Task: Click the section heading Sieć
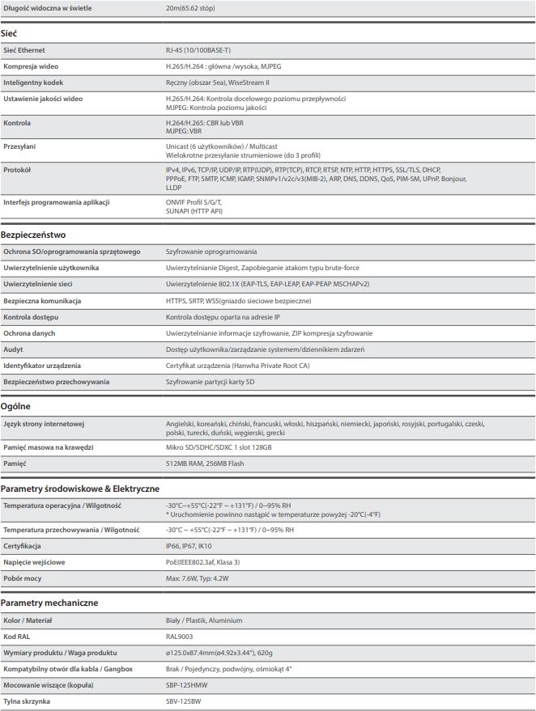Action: [x=9, y=33]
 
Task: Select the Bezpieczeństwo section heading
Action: [x=33, y=235]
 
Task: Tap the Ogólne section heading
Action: [x=15, y=406]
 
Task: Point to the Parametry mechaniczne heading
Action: [x=49, y=603]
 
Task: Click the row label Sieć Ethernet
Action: [x=24, y=50]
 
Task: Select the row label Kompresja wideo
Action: [x=31, y=66]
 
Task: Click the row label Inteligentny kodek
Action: [x=33, y=83]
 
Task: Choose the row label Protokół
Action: [x=17, y=170]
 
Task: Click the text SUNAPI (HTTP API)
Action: [x=194, y=210]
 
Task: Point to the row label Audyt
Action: [x=13, y=349]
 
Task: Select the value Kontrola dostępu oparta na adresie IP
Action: [x=223, y=317]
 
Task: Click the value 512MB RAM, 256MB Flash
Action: [x=205, y=463]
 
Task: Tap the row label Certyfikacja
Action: [x=22, y=546]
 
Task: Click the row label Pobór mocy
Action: [x=23, y=578]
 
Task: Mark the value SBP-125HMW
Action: [x=185, y=685]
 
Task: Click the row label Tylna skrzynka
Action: [x=27, y=701]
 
